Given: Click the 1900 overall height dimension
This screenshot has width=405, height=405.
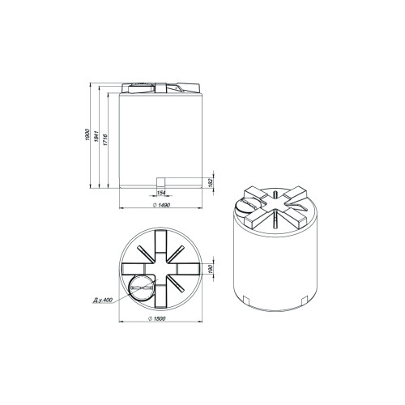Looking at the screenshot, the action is pos(87,134).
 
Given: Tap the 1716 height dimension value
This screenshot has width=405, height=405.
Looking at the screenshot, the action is pos(105,139).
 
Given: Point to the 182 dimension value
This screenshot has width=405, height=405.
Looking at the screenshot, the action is pos(211,181).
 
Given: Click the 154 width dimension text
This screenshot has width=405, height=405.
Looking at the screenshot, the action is pos(161,193).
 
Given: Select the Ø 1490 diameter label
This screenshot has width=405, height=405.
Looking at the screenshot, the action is pos(161,205).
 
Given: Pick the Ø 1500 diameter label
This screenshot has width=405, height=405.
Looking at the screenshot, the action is pos(157,318).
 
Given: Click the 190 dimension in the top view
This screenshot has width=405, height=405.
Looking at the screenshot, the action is pos(211,269).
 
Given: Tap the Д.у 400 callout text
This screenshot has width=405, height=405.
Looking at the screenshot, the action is pos(103,300).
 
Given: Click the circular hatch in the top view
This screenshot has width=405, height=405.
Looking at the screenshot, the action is pos(142,288).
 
